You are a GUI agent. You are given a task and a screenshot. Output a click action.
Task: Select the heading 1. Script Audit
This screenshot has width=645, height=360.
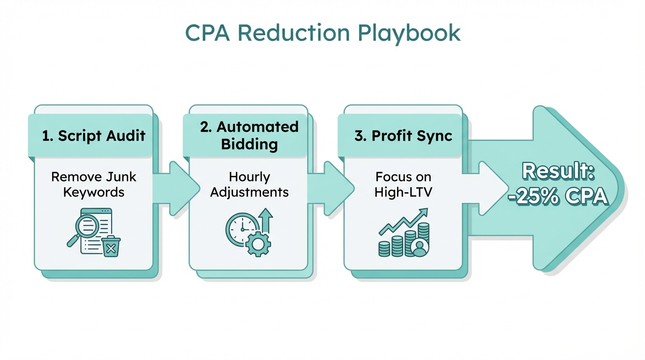pyautogui.click(x=94, y=136)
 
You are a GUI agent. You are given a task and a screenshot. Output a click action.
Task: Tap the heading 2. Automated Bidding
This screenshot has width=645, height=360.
pyautogui.click(x=249, y=135)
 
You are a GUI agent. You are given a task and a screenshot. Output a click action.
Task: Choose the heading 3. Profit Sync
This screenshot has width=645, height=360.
pyautogui.click(x=403, y=136)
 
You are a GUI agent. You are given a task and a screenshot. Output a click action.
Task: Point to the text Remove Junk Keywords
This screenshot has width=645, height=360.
pyautogui.click(x=94, y=184)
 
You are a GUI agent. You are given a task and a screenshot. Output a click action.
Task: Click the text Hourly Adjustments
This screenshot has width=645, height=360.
pyautogui.click(x=249, y=184)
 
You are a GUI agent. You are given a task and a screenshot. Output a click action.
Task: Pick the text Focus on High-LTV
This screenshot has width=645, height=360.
pyautogui.click(x=403, y=184)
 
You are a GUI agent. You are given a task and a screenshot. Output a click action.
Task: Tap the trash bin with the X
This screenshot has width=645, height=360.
pyautogui.click(x=111, y=247)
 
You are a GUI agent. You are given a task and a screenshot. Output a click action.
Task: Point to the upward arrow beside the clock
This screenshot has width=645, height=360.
pyautogui.click(x=266, y=220)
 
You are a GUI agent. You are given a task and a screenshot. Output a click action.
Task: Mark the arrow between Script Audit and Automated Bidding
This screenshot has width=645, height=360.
pyautogui.click(x=178, y=189)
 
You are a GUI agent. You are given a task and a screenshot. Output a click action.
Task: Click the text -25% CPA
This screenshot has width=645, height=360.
pyautogui.click(x=557, y=197)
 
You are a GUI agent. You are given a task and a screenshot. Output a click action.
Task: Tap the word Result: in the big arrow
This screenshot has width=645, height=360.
pyautogui.click(x=558, y=172)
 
